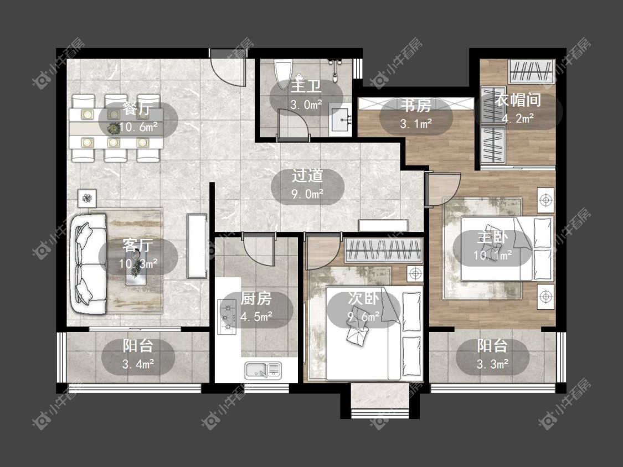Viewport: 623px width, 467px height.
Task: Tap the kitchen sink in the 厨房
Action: [x=262, y=370]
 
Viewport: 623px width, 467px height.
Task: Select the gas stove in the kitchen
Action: [x=228, y=316]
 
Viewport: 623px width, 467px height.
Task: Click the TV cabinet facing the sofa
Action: [x=197, y=246]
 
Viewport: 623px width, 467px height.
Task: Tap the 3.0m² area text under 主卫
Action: [x=306, y=105]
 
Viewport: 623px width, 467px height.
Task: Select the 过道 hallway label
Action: [x=307, y=175]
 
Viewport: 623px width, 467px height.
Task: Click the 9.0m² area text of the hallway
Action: [x=307, y=194]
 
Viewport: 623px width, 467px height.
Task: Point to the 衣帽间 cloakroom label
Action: [x=518, y=100]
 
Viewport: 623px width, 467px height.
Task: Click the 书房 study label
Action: [x=415, y=105]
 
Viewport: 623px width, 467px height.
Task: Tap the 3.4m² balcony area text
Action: [x=138, y=364]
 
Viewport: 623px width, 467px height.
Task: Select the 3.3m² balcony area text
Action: [x=492, y=364]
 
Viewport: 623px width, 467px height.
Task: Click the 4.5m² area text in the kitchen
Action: [x=256, y=317]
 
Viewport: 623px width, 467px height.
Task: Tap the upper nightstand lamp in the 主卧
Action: [x=546, y=200]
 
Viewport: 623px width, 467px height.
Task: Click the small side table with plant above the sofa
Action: [x=87, y=198]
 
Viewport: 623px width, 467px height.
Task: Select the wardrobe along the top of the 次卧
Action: [x=383, y=250]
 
